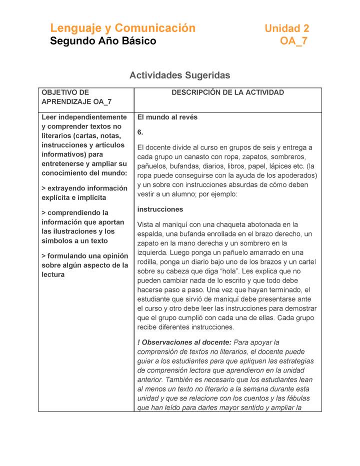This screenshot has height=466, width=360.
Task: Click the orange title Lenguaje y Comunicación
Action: [122, 28]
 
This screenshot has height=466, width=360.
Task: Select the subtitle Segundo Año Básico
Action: [103, 41]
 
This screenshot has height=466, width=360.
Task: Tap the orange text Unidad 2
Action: [286, 28]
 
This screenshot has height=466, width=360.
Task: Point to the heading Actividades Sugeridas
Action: [179, 75]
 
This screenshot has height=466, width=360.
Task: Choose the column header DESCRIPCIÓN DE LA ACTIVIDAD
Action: [227, 92]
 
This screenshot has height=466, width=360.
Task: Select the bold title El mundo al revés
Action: [167, 117]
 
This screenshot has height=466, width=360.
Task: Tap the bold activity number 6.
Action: [140, 132]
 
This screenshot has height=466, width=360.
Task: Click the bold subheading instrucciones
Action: [160, 209]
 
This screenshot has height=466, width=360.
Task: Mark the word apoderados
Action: [298, 175]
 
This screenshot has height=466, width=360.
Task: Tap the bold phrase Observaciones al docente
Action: [186, 342]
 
